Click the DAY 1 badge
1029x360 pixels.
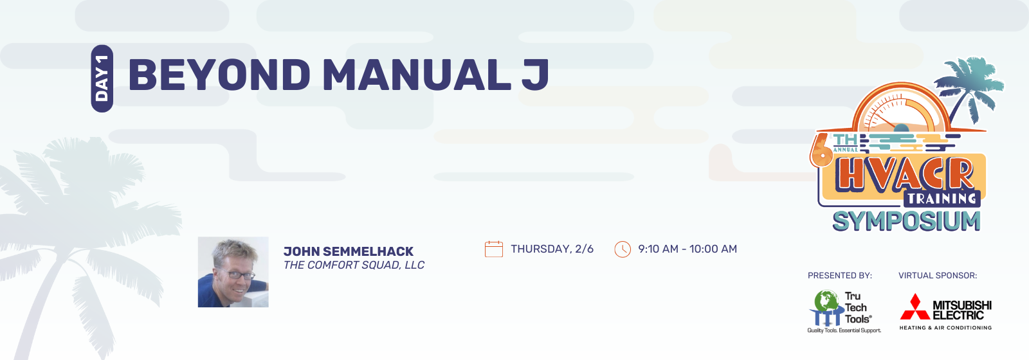point(102,78)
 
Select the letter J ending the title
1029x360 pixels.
point(535,75)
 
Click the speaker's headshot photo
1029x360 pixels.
point(233,272)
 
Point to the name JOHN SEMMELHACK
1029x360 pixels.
point(349,251)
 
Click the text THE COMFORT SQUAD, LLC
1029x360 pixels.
point(354,265)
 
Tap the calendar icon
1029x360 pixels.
point(494,249)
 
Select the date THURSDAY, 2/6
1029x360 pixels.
point(552,249)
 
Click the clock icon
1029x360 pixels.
point(623,249)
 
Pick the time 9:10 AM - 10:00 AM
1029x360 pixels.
point(688,249)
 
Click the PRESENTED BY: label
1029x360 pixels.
point(840,276)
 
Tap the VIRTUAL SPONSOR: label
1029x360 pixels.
point(938,276)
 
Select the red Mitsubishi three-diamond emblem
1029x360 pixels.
point(915,307)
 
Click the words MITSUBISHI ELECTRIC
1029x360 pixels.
point(962,310)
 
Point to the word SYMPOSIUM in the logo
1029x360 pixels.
point(906,222)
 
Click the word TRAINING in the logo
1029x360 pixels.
point(942,199)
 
